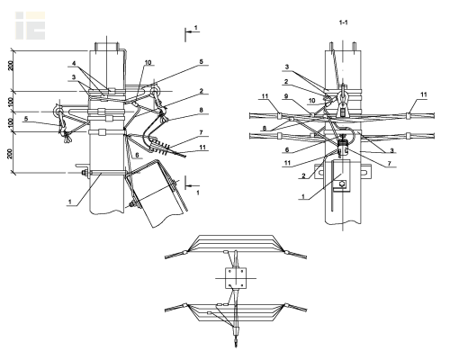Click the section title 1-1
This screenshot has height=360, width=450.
click(x=343, y=22)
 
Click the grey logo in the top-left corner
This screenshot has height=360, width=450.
click(x=31, y=25)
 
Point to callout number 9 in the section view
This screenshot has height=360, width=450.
click(x=286, y=96)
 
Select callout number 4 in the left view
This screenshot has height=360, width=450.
click(x=74, y=64)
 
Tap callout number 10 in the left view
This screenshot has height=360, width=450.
click(x=148, y=63)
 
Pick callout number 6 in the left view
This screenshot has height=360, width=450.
click(x=137, y=155)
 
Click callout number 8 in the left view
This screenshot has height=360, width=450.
click(x=201, y=110)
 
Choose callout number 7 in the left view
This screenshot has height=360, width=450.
click(x=201, y=132)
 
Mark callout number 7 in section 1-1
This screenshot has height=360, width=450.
click(x=390, y=164)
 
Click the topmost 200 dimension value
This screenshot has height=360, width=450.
click(x=11, y=66)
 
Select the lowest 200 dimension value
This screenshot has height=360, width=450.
click(x=11, y=154)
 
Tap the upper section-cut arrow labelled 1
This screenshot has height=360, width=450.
click(x=192, y=31)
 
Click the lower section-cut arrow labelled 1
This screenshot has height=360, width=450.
click(x=192, y=186)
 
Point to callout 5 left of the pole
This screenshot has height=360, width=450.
click(x=26, y=119)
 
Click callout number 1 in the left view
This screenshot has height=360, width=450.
click(x=70, y=202)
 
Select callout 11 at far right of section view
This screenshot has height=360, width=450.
click(x=423, y=94)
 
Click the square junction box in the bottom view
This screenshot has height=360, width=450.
click(x=236, y=278)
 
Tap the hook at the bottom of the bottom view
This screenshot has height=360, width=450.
click(x=237, y=342)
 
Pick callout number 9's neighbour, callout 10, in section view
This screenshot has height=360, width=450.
click(x=312, y=100)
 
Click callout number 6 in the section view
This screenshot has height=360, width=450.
click(x=287, y=149)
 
